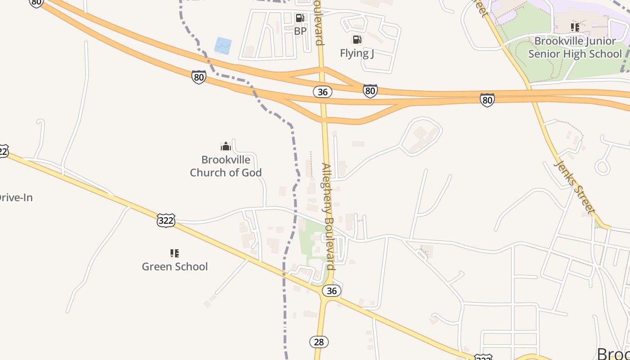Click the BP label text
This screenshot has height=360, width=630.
click(300, 31)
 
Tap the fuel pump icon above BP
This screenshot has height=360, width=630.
click(300, 18)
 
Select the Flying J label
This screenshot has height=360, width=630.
click(357, 53)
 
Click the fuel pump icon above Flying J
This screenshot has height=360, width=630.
click(357, 40)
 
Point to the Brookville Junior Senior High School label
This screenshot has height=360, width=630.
click(575, 48)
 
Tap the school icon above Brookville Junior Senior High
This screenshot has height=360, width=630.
click(575, 27)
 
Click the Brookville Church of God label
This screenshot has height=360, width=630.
click(225, 166)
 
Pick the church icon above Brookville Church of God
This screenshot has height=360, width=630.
click(225, 146)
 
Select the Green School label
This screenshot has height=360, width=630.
click(175, 266)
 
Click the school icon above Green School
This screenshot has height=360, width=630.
click(175, 253)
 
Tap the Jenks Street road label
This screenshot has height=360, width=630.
click(575, 185)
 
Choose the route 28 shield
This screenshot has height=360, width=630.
click(319, 342)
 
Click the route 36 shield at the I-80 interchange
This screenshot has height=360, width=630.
click(322, 92)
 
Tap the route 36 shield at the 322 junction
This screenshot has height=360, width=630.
click(332, 291)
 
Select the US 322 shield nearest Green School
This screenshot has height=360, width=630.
click(166, 220)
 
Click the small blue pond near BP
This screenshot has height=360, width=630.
click(223, 45)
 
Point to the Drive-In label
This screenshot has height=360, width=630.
click(16, 198)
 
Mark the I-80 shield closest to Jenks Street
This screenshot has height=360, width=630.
click(487, 100)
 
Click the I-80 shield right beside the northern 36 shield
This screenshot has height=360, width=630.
click(370, 91)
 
